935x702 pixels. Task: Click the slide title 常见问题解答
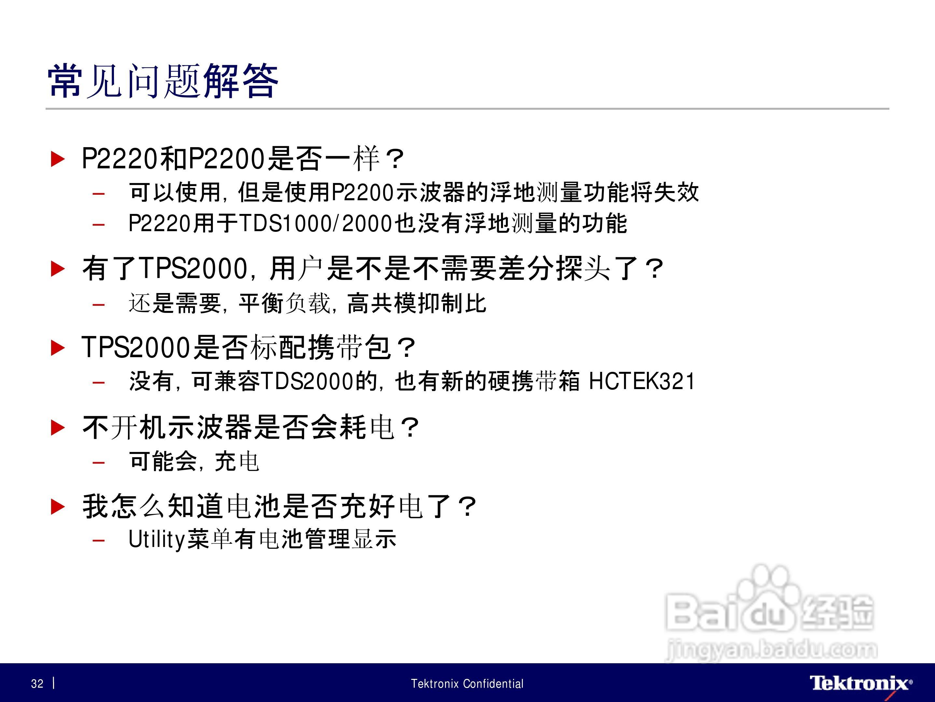(x=163, y=81)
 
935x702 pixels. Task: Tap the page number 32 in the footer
(x=37, y=683)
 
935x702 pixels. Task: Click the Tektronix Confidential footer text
(x=467, y=683)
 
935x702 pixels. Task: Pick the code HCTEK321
(x=642, y=381)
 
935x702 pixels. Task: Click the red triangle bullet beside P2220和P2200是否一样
(x=58, y=159)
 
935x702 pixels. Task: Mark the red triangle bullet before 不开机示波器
(x=58, y=427)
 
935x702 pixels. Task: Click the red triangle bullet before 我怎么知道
(x=58, y=506)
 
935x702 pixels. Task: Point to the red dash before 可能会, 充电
(x=99, y=462)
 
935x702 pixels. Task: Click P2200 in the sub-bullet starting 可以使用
(x=363, y=193)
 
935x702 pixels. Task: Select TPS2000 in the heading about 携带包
(x=136, y=347)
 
